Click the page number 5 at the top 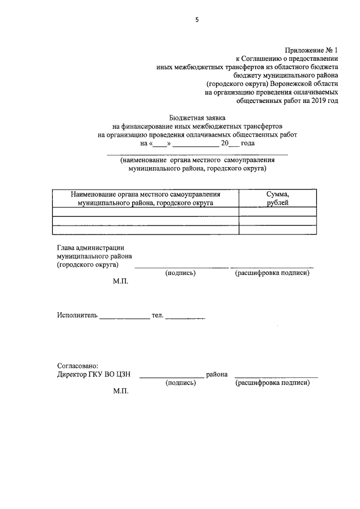(197, 20)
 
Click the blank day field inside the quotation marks (160, 143)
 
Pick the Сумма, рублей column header (277, 198)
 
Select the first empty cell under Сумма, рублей (277, 211)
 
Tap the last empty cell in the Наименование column (146, 229)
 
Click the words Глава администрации (90, 247)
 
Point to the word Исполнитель (77, 316)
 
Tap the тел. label (157, 316)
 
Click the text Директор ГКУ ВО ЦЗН (93, 374)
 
